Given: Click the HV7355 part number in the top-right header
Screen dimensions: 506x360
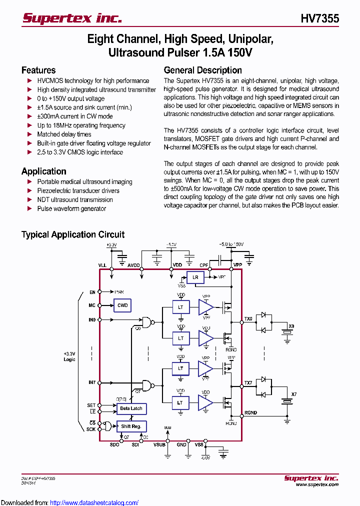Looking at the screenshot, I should click(x=319, y=18).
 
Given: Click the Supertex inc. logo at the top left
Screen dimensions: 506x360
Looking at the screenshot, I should click(x=72, y=18).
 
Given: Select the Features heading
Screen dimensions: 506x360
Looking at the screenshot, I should click(x=38, y=70).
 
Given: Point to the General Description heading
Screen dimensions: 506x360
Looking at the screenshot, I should click(x=202, y=70).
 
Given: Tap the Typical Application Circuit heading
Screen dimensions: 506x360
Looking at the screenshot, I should click(x=73, y=234).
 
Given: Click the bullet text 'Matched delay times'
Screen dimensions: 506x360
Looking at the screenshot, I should click(x=64, y=134).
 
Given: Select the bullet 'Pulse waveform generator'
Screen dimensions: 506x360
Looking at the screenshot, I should click(x=71, y=208).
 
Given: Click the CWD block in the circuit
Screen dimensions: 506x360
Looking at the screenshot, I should click(x=122, y=305).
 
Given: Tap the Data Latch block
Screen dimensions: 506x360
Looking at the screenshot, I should click(x=131, y=408).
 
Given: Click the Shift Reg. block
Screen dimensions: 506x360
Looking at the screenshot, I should click(x=131, y=426).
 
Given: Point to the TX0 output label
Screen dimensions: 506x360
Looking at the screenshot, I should click(x=248, y=318).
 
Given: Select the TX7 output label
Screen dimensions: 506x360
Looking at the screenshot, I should click(x=248, y=383).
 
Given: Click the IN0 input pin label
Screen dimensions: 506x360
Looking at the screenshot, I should click(x=92, y=319).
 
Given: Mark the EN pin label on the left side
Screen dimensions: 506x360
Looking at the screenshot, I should click(x=92, y=292).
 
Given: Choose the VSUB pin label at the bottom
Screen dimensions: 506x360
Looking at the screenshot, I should click(x=159, y=444).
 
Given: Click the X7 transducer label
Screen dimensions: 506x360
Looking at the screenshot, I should click(x=293, y=394).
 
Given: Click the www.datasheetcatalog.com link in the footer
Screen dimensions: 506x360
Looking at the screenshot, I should click(x=94, y=502).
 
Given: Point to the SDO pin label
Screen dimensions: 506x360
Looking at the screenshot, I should click(x=114, y=444).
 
